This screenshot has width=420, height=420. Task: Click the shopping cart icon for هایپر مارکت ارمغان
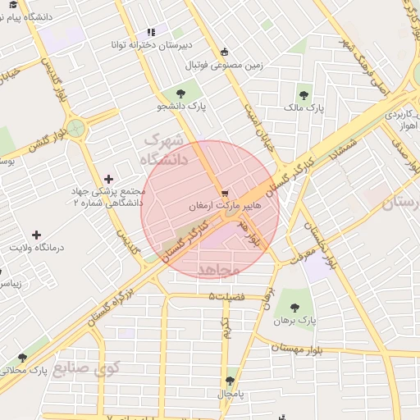click(225, 192)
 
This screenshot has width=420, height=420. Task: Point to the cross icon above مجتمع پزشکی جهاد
click(109, 179)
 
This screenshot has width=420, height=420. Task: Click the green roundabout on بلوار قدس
click(76, 128)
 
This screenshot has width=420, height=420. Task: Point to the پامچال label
click(231, 395)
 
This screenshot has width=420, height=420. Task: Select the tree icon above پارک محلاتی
click(22, 358)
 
